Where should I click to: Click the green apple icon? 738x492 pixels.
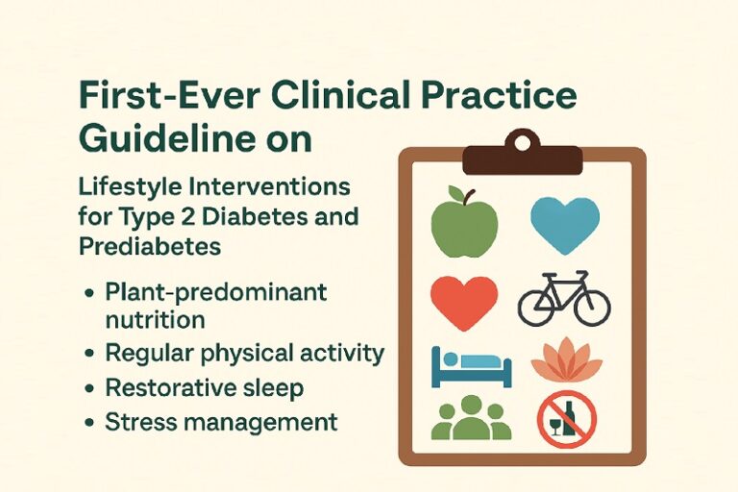tap(464, 224)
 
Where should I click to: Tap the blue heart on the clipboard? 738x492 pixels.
tap(565, 225)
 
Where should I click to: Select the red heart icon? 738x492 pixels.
tap(464, 302)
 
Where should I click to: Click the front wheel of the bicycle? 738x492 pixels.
tap(592, 307)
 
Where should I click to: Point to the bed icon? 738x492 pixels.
tap(471, 367)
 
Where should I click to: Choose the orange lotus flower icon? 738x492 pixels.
tap(567, 360)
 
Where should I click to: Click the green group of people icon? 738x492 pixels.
tap(471, 418)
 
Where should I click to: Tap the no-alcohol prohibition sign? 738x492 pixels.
tap(567, 420)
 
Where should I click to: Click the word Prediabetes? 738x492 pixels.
tap(150, 246)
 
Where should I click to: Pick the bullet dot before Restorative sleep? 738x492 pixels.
tap(89, 389)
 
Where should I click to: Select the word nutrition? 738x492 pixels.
tap(155, 320)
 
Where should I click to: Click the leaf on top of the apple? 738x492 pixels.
tap(455, 192)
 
